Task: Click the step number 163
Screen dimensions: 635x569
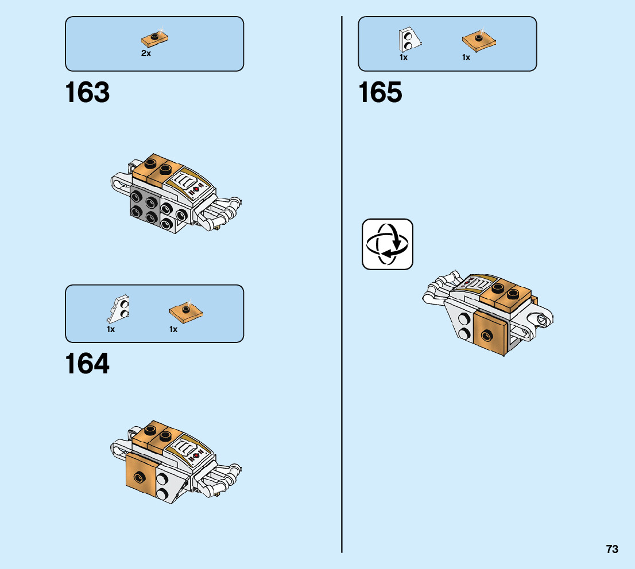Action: coord(87,93)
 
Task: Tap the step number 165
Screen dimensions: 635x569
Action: coord(380,93)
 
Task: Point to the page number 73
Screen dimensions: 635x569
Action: coord(611,549)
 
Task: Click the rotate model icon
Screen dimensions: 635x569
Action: coord(387,244)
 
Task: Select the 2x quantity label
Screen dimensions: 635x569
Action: coord(146,53)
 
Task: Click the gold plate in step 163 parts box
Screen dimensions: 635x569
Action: coord(154,39)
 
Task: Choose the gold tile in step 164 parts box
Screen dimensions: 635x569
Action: coord(186,312)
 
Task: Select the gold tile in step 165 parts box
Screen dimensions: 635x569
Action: coord(479,40)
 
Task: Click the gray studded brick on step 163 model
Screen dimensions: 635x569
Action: coord(145,207)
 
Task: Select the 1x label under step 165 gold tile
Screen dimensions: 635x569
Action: coord(466,58)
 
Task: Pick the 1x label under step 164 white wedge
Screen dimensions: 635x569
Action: coord(111,329)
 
